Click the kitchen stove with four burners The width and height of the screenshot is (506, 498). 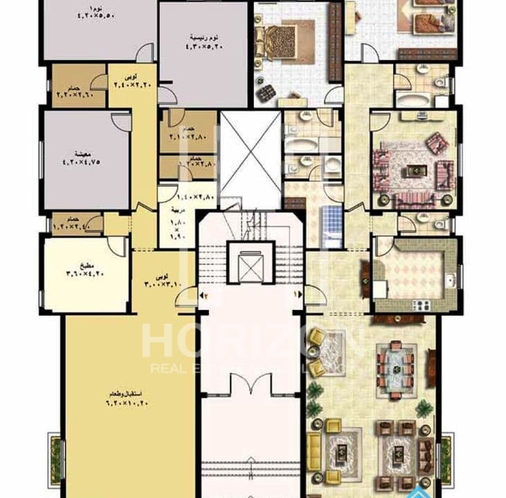422,304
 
